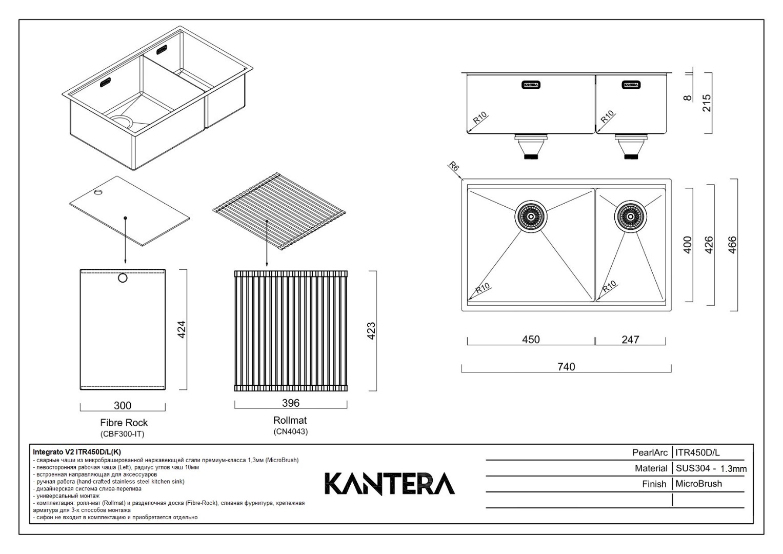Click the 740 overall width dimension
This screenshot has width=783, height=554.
[566, 367]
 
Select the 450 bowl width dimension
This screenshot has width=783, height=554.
[531, 339]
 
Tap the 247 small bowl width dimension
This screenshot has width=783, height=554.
[630, 339]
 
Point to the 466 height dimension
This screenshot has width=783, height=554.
[732, 245]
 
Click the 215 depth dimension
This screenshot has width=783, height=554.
[707, 103]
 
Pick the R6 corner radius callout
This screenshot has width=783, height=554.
[454, 166]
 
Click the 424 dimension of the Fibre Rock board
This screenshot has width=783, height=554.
[182, 329]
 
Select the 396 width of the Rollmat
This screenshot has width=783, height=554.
[291, 403]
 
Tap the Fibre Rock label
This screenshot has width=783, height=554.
[124, 423]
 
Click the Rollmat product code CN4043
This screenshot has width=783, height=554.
[290, 431]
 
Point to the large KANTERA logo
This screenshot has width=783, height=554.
[390, 484]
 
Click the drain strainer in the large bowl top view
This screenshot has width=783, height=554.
[531, 216]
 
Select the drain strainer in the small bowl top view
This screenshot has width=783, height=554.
[630, 216]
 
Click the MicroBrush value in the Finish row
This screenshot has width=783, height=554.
[698, 484]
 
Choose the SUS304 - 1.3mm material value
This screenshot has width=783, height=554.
[711, 468]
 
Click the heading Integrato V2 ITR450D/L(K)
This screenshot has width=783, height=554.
[77, 452]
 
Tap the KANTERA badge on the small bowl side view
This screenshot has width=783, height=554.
[631, 85]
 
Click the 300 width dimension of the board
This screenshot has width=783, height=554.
[123, 405]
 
